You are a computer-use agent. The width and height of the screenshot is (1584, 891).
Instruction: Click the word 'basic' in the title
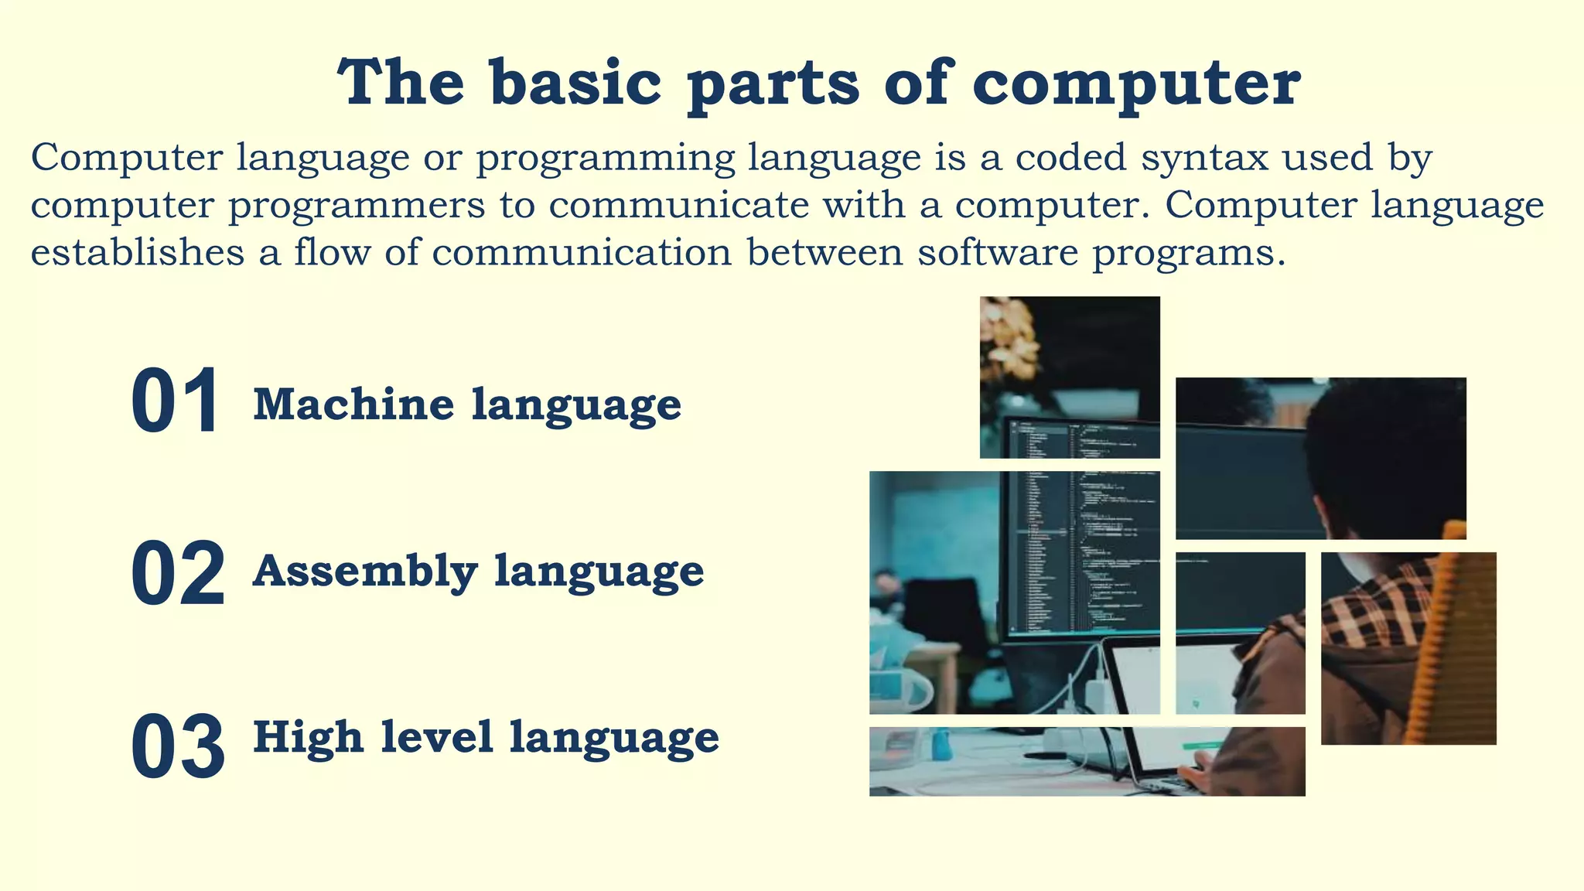tap(575, 83)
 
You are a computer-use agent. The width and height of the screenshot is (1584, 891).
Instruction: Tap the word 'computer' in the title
tap(1136, 83)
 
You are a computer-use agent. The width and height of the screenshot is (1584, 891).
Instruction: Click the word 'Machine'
tap(353, 404)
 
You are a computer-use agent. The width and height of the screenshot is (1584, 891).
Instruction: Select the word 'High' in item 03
tap(308, 736)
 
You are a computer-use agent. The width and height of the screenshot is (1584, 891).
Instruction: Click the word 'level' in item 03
tap(436, 736)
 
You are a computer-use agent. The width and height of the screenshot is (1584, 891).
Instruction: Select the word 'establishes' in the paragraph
tap(137, 253)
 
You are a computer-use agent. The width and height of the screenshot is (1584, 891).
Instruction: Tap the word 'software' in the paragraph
tap(997, 253)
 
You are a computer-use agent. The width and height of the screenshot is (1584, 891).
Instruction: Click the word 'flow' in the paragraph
tap(332, 253)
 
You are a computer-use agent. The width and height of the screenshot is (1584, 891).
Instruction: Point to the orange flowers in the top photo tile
tap(1009, 340)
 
